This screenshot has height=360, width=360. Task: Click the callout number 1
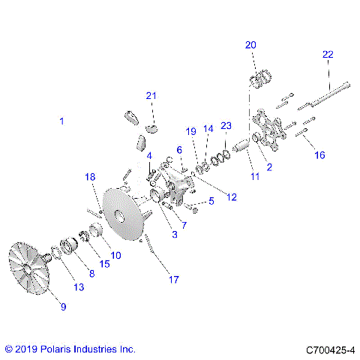[62, 121]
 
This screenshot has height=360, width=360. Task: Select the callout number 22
[328, 54]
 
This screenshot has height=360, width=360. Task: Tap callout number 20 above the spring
[250, 45]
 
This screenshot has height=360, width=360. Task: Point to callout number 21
[151, 95]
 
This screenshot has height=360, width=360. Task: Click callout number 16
[319, 155]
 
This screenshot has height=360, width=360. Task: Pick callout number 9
[62, 306]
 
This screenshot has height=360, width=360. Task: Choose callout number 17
[173, 280]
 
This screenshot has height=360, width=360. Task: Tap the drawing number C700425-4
[329, 349]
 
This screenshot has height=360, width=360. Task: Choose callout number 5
[211, 201]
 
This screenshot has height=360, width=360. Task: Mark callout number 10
[115, 255]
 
